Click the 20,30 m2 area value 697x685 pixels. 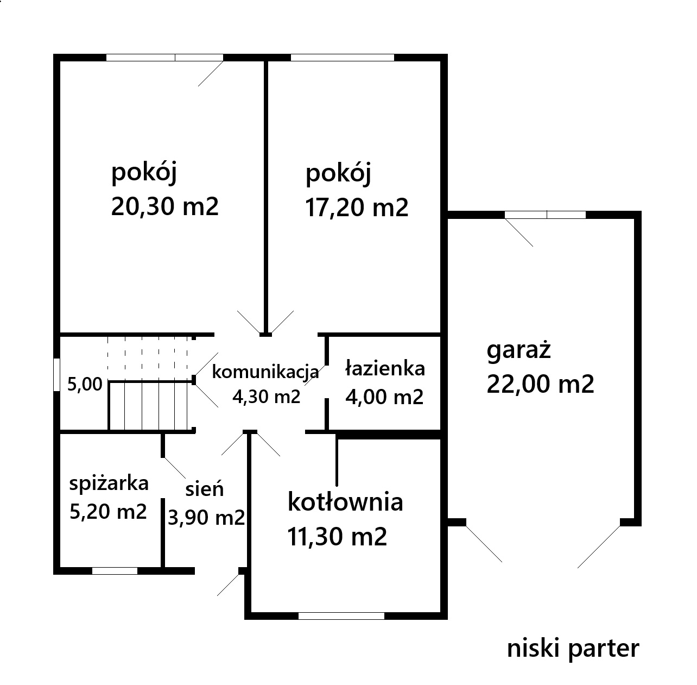[x=165, y=207]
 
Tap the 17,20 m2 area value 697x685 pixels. [x=357, y=208]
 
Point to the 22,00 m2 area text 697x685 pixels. [x=540, y=384]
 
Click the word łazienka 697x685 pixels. [x=385, y=368]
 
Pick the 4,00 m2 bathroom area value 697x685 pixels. [x=384, y=397]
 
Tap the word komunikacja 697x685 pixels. [x=265, y=372]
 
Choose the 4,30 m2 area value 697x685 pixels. [x=266, y=397]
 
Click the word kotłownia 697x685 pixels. [x=345, y=502]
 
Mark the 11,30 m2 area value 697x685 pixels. [x=337, y=537]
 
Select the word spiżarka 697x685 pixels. [x=109, y=484]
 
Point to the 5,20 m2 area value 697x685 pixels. [x=108, y=512]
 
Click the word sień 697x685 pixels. [x=204, y=489]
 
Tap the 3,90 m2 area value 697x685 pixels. [x=206, y=517]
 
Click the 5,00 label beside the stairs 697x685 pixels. [x=85, y=385]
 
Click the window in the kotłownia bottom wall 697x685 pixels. [x=341, y=616]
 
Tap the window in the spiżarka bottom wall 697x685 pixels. [x=115, y=571]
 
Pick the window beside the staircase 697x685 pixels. [x=56, y=375]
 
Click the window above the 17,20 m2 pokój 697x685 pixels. [x=342, y=58]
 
